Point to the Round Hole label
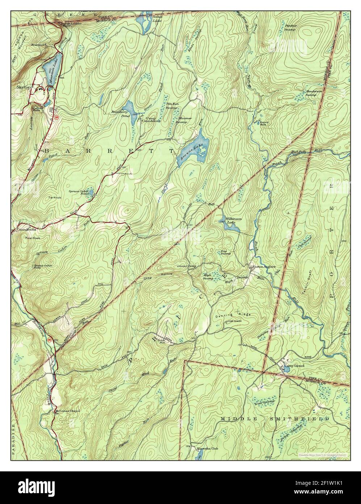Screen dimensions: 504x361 (x=264, y=124)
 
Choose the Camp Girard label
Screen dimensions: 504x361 (x=294, y=366)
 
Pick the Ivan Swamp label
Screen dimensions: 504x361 (x=264, y=402)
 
